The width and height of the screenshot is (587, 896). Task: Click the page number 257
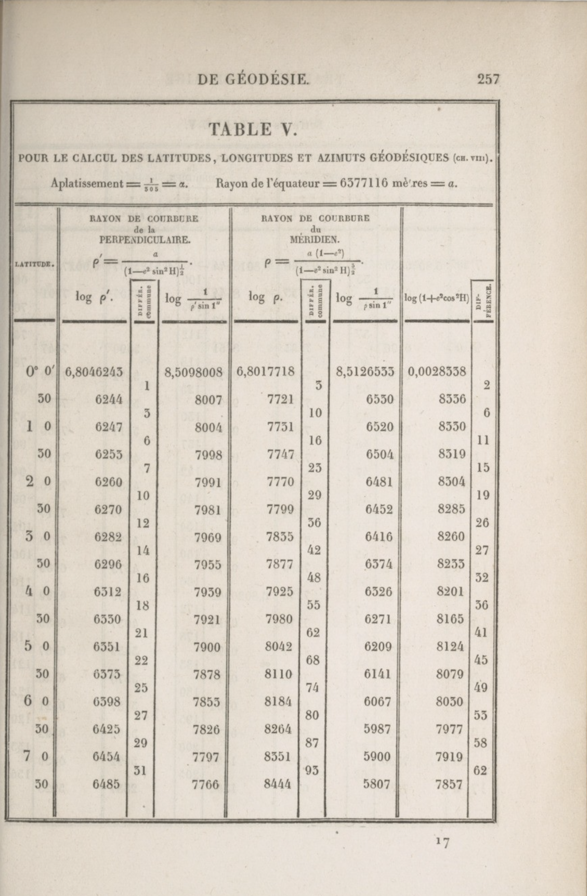[x=488, y=79]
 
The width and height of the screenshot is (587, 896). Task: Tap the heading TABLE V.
[x=253, y=129]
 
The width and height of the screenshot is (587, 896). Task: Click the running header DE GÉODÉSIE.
[x=253, y=80]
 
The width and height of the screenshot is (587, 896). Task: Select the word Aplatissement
[x=87, y=184]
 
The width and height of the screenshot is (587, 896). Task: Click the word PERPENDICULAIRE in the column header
[x=145, y=240]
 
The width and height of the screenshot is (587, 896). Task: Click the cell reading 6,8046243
[x=94, y=372]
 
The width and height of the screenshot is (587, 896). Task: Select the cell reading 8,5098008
[x=193, y=372]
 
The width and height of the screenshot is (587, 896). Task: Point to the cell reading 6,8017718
[x=265, y=372]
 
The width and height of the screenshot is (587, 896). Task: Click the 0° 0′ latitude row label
[x=40, y=372]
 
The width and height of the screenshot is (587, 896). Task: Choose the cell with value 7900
[x=207, y=647]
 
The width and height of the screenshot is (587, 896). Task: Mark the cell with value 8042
[x=279, y=647]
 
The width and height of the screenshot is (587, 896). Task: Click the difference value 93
[x=312, y=771]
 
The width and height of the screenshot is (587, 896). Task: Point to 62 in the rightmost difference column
[x=480, y=771]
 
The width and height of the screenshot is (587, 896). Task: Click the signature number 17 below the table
[x=443, y=842]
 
